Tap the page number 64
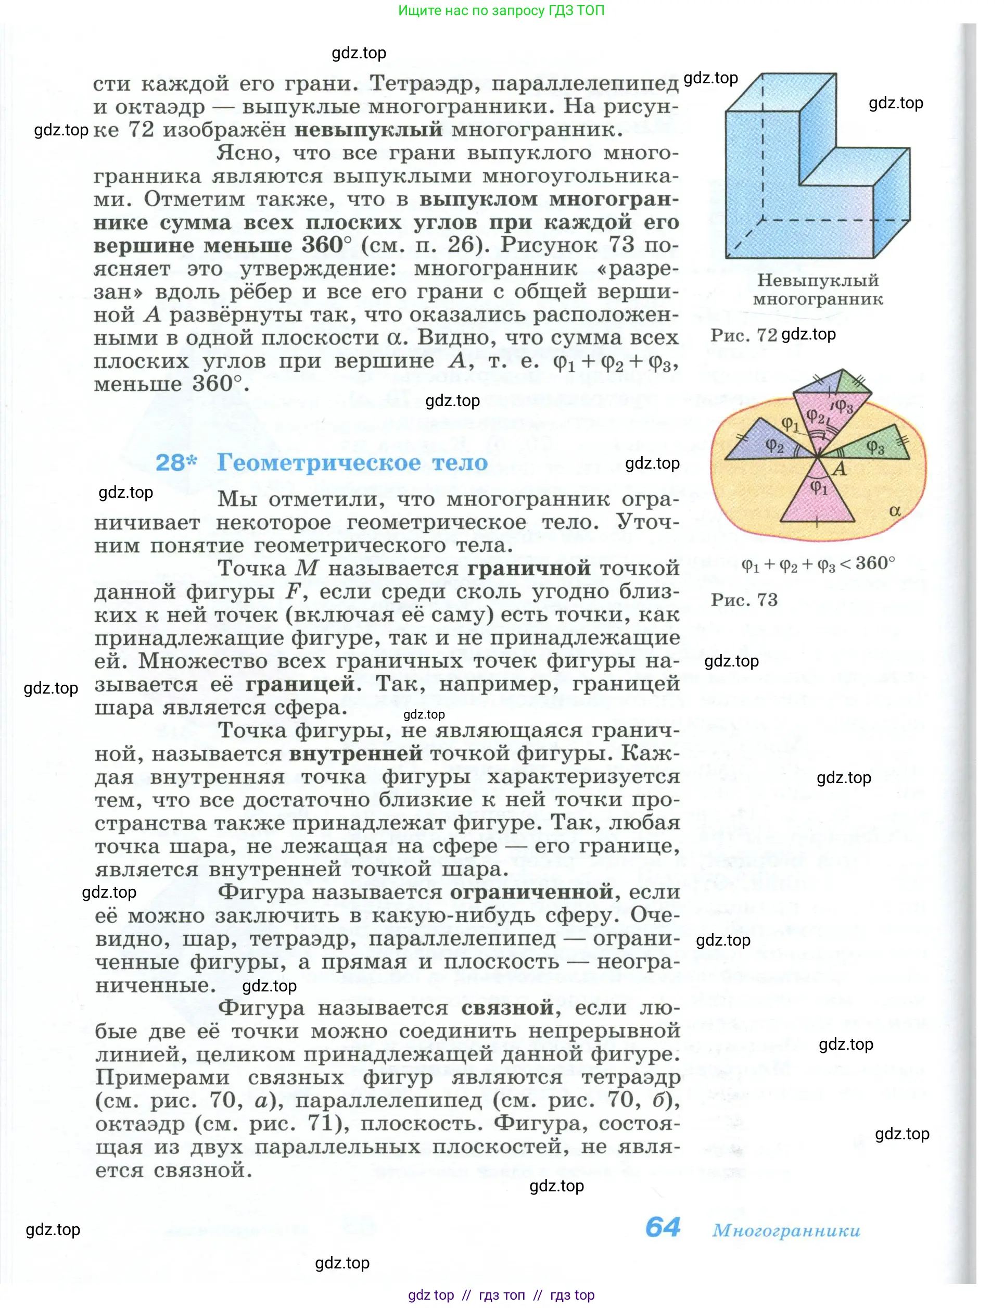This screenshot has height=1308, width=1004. coord(663,1227)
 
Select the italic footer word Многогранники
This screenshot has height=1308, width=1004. coord(786,1230)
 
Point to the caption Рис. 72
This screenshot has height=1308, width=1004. coord(743,335)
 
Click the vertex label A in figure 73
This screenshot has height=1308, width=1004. coord(839,469)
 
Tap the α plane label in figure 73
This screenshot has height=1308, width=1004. coord(895,510)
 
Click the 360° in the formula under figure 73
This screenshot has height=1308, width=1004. coord(875,563)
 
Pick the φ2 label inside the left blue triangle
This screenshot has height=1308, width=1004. coord(774,445)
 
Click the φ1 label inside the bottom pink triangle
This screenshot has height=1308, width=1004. coord(819,488)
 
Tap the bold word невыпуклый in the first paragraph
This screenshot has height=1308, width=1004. coord(368,130)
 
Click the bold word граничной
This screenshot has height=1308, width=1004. coord(528,568)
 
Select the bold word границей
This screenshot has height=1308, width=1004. coord(300,684)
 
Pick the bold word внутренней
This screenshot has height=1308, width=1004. coord(355,753)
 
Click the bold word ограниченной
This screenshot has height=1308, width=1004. coord(531,892)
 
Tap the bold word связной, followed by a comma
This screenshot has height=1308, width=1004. coord(507,1008)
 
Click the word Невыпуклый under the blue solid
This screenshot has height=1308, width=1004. coord(818,280)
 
